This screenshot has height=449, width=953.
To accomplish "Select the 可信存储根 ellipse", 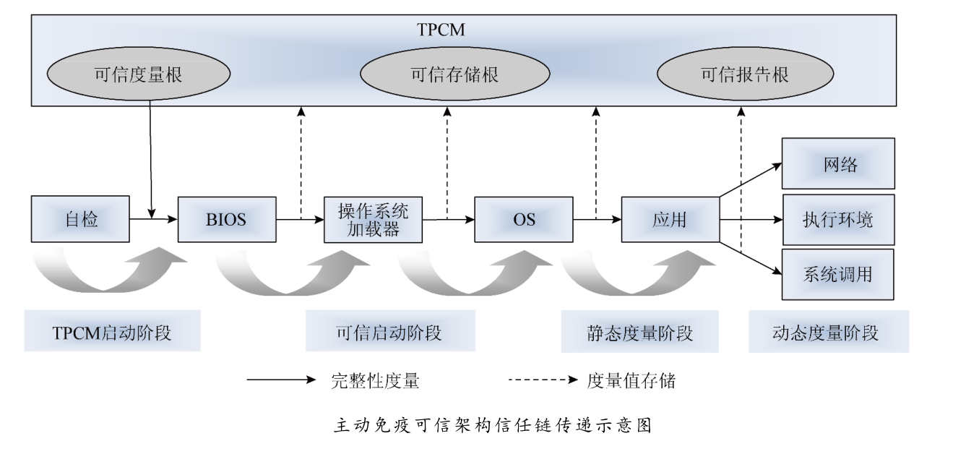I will coord(454,75).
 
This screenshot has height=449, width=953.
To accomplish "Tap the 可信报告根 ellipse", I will coord(744,75).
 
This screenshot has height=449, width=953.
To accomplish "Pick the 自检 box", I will coord(81,219).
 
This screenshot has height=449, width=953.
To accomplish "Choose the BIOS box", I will coord(227,219).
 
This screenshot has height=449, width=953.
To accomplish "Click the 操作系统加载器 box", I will coord(374,219).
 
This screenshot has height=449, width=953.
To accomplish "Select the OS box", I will coord(524,219).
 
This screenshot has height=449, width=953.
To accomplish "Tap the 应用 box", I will coord(670,219).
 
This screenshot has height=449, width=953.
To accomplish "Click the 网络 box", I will coord(839,164).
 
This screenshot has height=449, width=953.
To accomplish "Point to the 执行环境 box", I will coord(839,219).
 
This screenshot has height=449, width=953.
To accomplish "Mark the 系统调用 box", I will coord(839,275).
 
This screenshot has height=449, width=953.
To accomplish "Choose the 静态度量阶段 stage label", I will coord(641,333).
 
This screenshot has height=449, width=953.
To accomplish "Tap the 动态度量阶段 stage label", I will coord(829,333).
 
